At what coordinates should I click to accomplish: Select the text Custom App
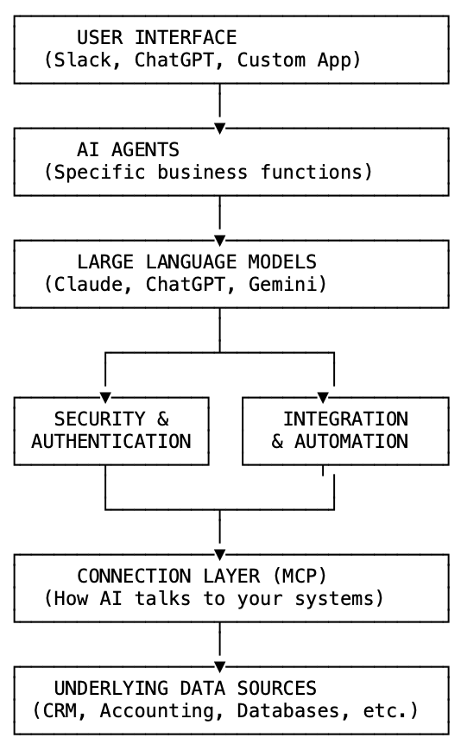[x=294, y=60]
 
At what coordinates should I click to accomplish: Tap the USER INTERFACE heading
[x=156, y=38]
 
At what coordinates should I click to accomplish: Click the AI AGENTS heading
[x=128, y=150]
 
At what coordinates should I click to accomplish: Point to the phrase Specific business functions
[x=208, y=173]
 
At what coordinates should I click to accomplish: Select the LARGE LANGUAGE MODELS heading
[x=196, y=262]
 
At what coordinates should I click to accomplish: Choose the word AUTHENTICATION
[x=111, y=442]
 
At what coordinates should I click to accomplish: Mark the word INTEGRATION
[x=345, y=419]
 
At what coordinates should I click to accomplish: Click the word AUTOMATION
[x=351, y=442]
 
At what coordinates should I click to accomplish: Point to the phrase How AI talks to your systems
[x=213, y=599]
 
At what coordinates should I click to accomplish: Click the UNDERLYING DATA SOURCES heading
[x=185, y=689]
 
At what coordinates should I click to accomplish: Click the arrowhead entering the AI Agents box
[x=219, y=128]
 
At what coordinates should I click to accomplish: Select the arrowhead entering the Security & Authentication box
[x=105, y=397]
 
